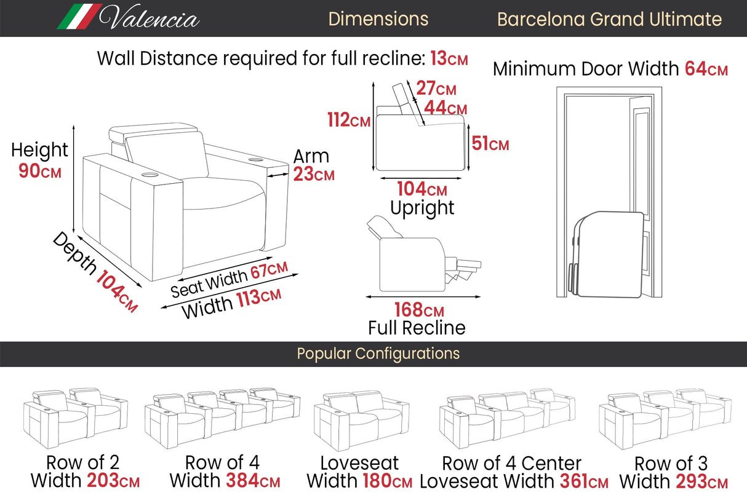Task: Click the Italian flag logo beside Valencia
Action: pyautogui.click(x=79, y=17)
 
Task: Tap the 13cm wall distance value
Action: pyautogui.click(x=449, y=59)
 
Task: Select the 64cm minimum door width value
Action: pyautogui.click(x=706, y=69)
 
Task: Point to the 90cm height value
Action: pyautogui.click(x=40, y=171)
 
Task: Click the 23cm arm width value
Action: pyautogui.click(x=314, y=175)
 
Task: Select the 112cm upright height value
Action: pyautogui.click(x=349, y=121)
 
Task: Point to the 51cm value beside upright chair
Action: pyautogui.click(x=490, y=144)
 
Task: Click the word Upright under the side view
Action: pyautogui.click(x=422, y=208)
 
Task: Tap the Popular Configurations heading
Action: pyautogui.click(x=378, y=354)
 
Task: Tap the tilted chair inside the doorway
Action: pyautogui.click(x=607, y=252)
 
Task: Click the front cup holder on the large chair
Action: pyautogui.click(x=150, y=176)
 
